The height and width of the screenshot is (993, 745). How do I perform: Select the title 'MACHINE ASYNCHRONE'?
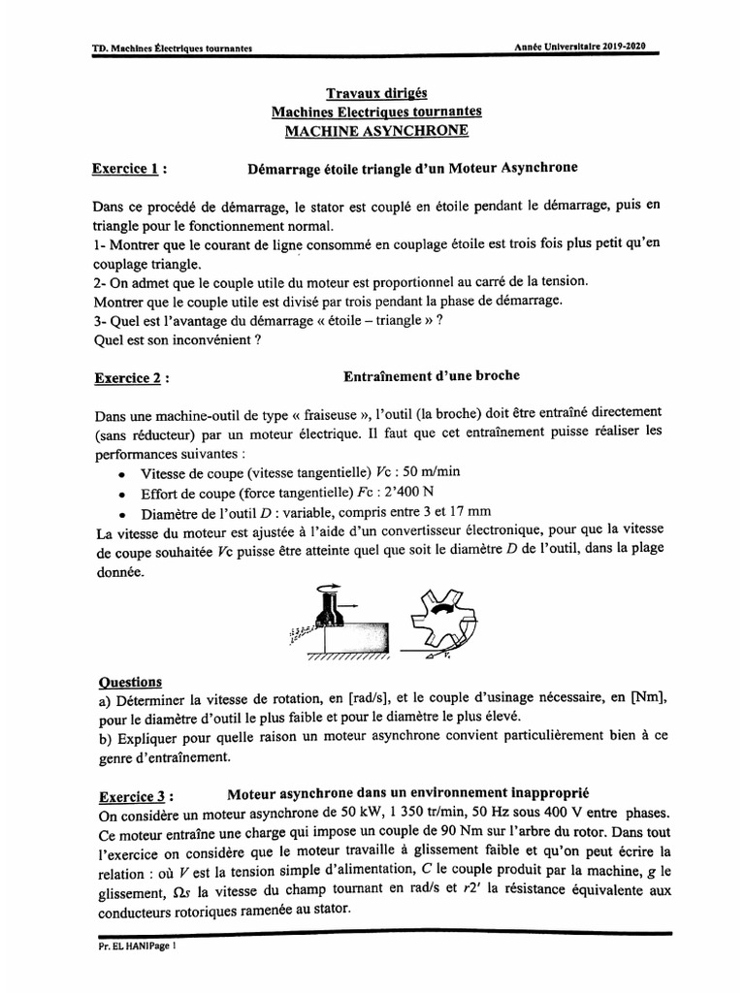[376, 130]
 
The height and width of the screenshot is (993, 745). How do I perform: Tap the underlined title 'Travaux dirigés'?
[376, 93]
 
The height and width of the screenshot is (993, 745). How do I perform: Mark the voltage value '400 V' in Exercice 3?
[576, 814]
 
